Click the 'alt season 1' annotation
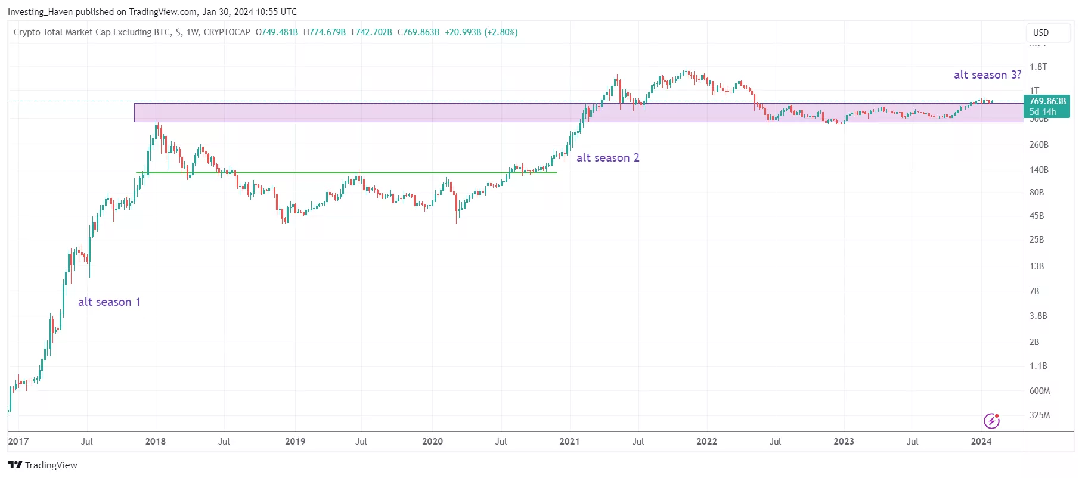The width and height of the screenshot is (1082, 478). [109, 302]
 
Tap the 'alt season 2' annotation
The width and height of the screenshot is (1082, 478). [607, 158]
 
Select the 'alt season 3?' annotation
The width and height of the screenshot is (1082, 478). [987, 75]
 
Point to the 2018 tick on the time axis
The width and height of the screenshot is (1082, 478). [156, 442]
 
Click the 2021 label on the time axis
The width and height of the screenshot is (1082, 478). [569, 442]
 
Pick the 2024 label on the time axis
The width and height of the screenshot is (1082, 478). [981, 442]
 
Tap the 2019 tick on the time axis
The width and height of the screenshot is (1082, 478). [295, 442]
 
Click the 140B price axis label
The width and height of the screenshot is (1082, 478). [1038, 170]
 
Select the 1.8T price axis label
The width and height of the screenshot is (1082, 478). [1038, 67]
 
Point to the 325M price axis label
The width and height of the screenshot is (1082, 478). [1039, 415]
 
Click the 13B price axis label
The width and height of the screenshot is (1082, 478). [1037, 266]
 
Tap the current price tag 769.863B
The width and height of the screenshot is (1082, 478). [1047, 101]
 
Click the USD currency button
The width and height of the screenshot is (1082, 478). [1041, 33]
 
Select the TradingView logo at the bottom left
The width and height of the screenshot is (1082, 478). [42, 465]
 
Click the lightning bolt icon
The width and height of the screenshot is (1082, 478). [991, 421]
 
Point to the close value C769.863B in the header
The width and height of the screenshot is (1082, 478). [418, 32]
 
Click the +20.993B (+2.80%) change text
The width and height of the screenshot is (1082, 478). [481, 32]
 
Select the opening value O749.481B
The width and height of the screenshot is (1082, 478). [277, 32]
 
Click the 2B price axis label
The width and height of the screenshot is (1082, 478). [1034, 342]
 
